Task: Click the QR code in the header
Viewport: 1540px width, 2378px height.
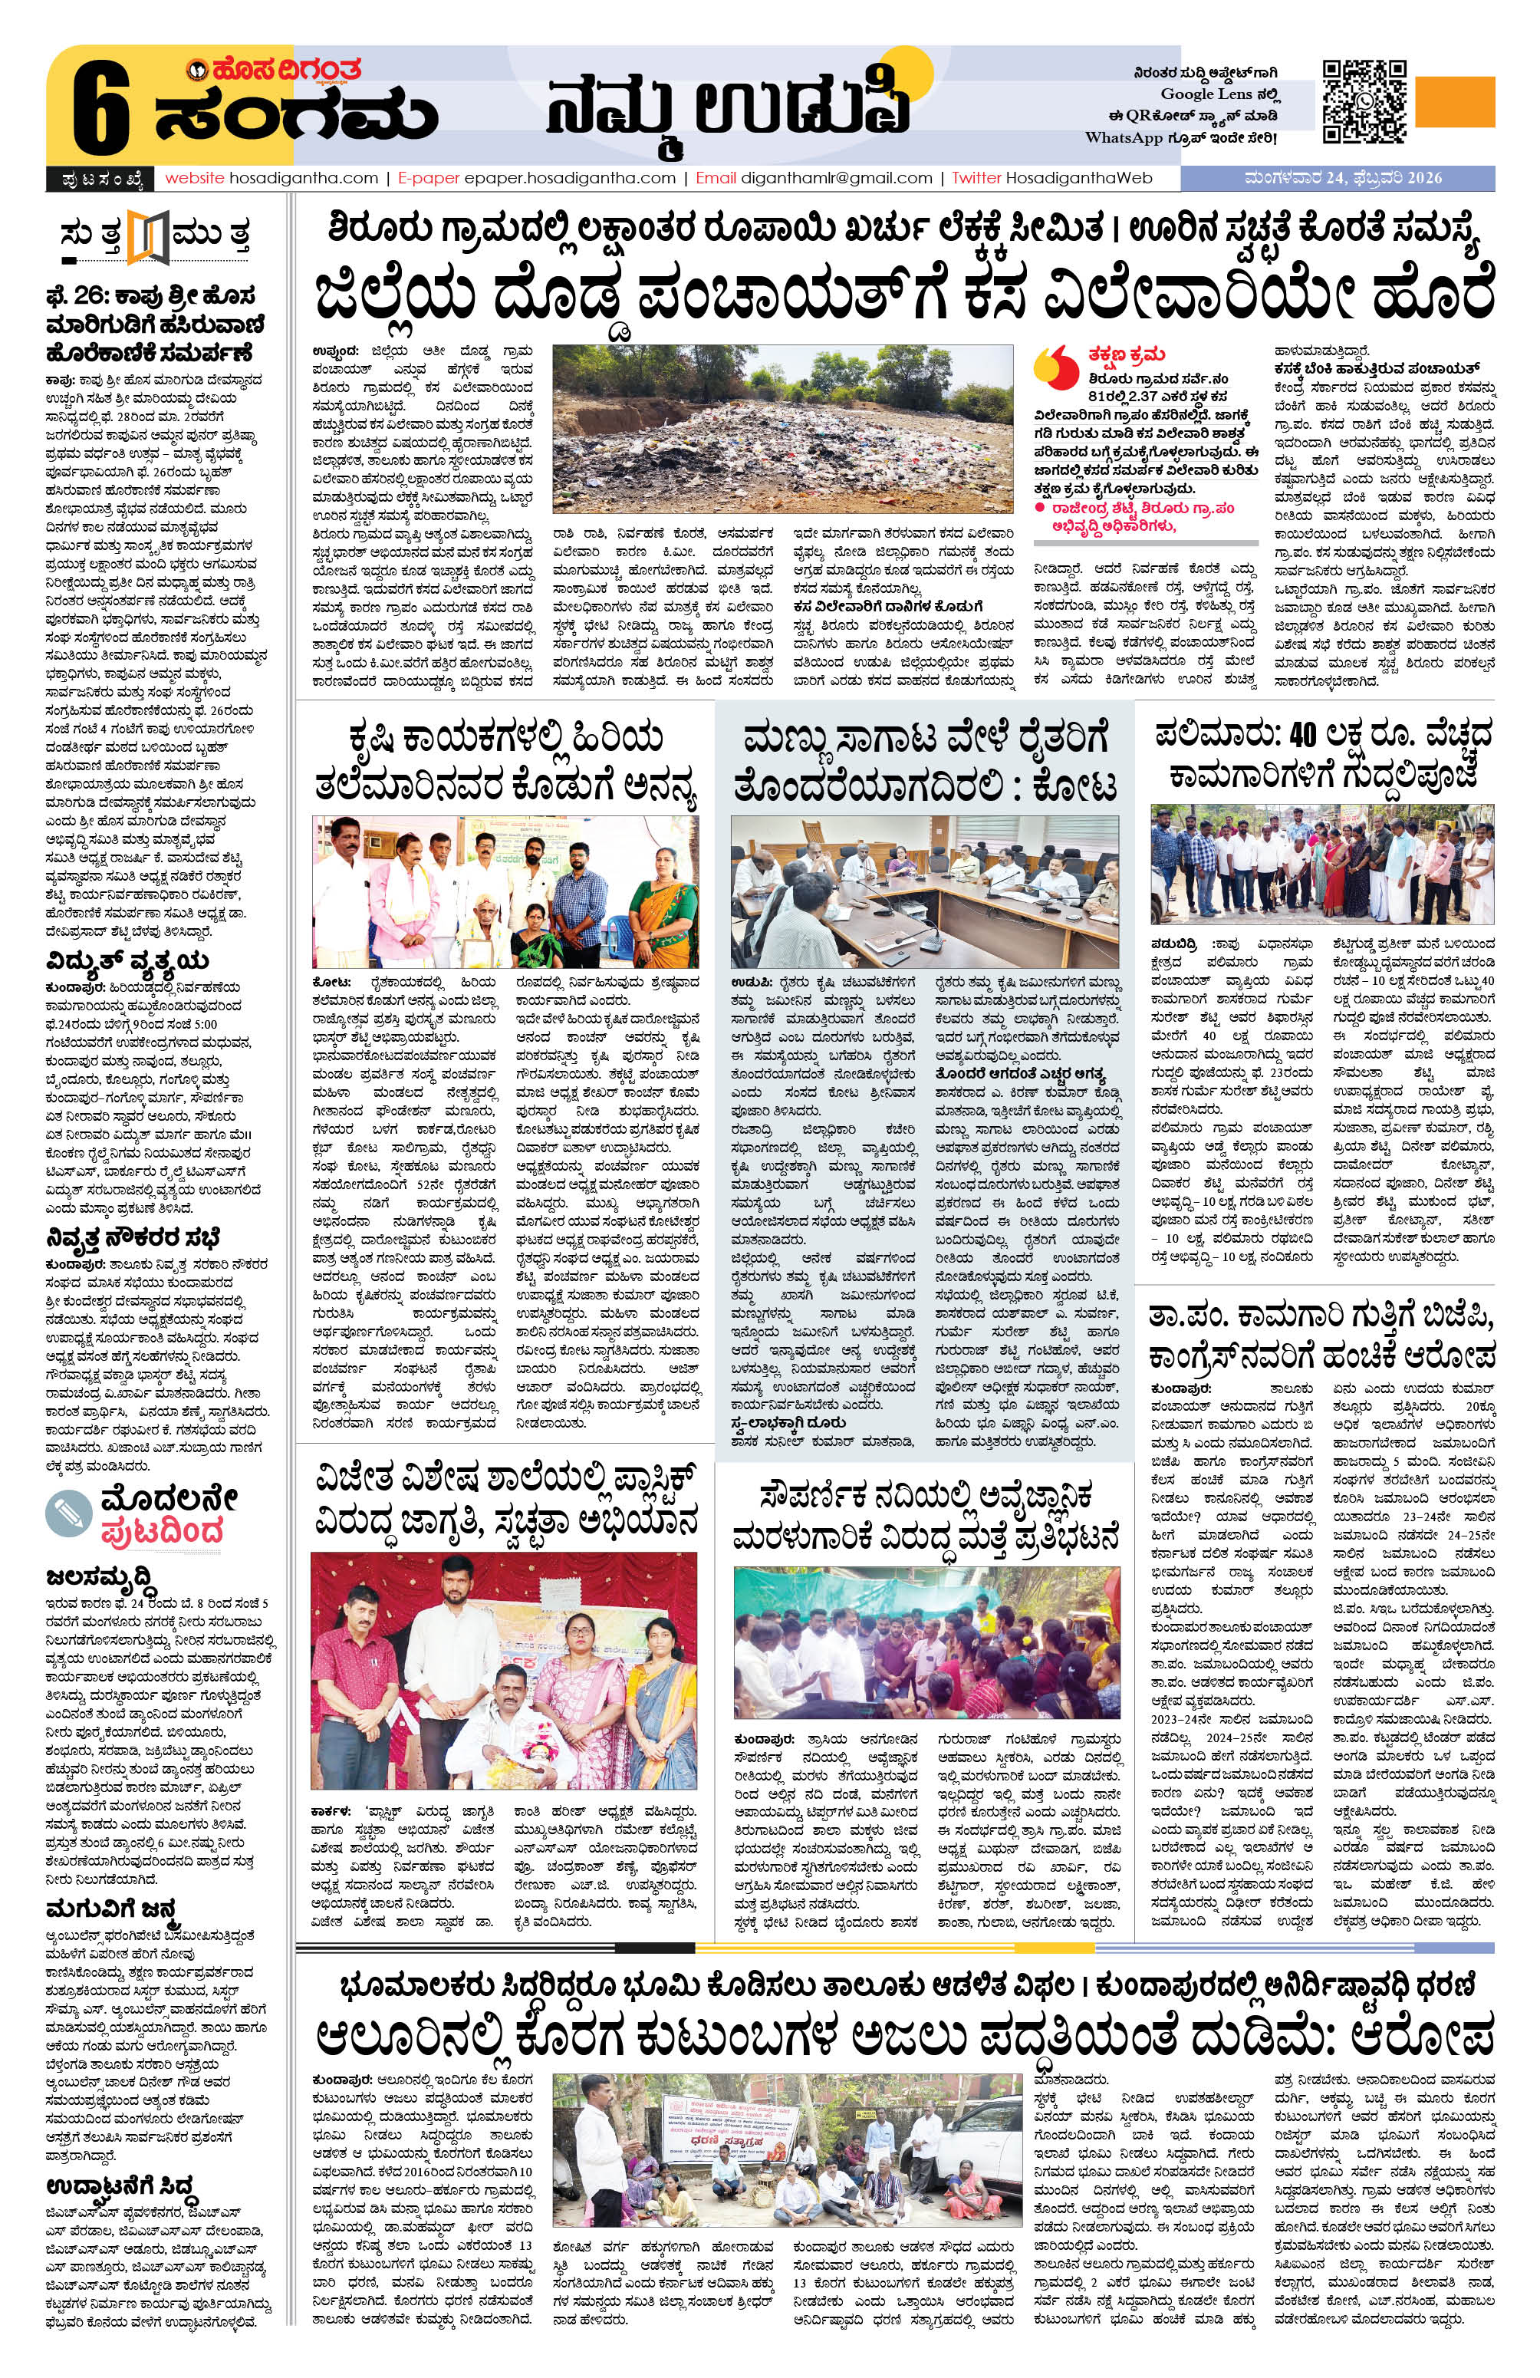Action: click(x=1364, y=102)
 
